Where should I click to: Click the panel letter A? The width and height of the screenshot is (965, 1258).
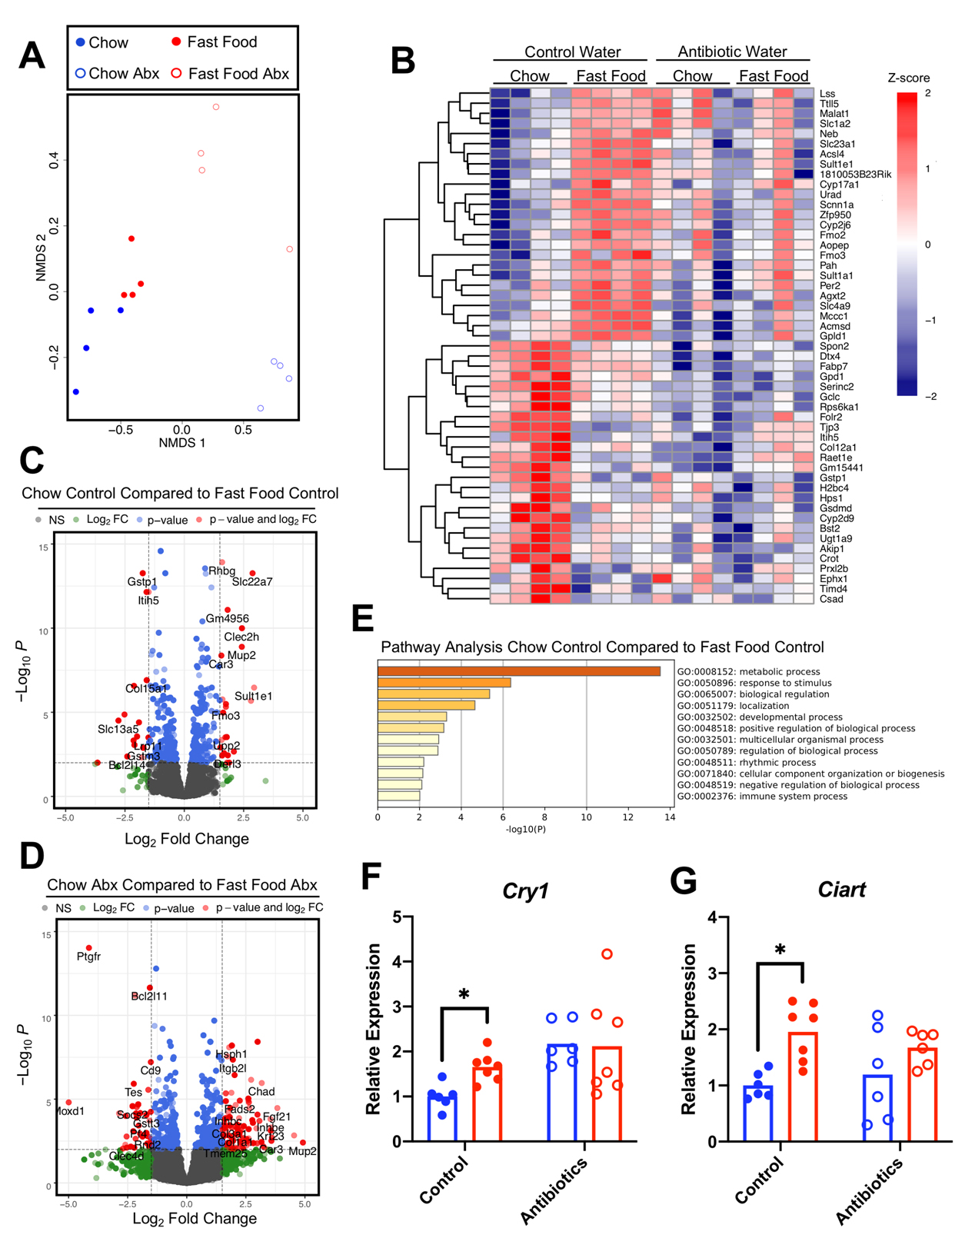(x=32, y=56)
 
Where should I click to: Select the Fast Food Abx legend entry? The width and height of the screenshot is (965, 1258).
(x=230, y=74)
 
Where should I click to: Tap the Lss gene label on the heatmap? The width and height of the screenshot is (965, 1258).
(x=827, y=94)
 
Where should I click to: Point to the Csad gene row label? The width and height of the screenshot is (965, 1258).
(x=831, y=599)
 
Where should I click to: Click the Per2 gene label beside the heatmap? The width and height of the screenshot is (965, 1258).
(x=830, y=285)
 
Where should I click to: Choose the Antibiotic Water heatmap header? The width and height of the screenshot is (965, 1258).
(x=732, y=52)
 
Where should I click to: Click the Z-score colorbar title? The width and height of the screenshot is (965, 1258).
(x=908, y=78)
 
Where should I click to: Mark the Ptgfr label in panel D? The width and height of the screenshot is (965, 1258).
(x=88, y=957)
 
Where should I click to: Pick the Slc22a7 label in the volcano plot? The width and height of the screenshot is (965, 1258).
(x=252, y=581)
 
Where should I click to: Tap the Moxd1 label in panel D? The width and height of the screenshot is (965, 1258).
(x=69, y=1111)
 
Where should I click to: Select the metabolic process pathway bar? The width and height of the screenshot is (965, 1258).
(x=518, y=671)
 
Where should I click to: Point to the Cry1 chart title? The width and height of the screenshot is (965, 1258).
(x=525, y=890)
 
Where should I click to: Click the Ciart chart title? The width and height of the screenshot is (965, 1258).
(x=842, y=890)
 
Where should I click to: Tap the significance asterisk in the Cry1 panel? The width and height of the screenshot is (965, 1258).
(x=464, y=995)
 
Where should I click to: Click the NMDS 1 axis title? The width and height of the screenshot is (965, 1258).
(x=182, y=443)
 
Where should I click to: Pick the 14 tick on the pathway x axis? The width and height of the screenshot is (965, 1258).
(x=670, y=817)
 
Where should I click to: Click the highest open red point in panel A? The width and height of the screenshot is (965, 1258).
(x=216, y=107)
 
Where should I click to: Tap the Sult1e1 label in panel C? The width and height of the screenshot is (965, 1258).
(x=253, y=696)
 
